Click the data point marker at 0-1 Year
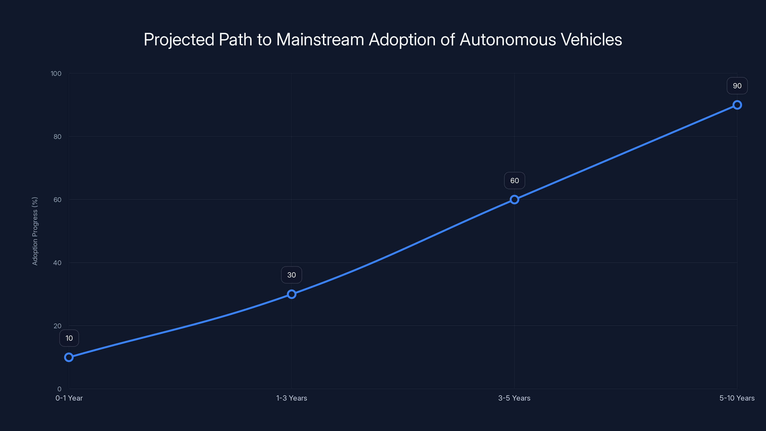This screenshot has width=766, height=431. coord(69,357)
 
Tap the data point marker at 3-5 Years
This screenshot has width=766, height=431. coord(514,200)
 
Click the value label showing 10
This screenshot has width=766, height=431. coord(69,338)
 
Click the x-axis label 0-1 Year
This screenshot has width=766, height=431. coord(69,398)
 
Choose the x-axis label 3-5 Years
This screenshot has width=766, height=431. coord(514,398)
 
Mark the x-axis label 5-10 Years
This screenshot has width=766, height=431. coord(737,398)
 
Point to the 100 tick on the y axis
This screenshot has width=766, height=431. coord(56,74)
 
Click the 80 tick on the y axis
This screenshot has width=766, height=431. coord(57,136)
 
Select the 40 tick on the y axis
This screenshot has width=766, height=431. coord(57,263)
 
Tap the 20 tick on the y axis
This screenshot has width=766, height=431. coord(57,326)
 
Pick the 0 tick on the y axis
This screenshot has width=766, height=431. coord(59,389)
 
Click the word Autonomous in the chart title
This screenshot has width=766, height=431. coord(507,40)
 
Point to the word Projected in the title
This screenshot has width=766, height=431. coord(179,40)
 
